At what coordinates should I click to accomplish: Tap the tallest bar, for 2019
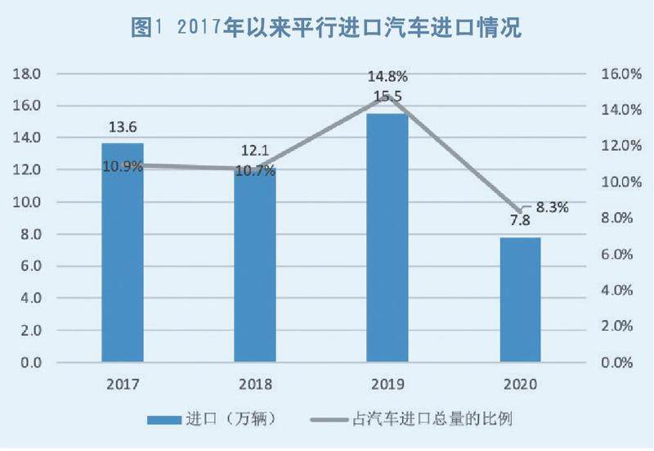(x=387, y=237)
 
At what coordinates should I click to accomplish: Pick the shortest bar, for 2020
(x=520, y=299)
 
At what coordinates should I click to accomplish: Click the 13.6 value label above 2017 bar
(x=122, y=127)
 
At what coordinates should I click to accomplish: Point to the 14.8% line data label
(x=387, y=77)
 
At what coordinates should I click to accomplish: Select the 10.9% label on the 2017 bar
(x=123, y=166)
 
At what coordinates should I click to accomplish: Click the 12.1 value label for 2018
(x=254, y=151)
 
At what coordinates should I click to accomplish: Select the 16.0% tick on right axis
(x=618, y=74)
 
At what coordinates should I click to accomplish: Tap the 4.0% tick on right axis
(x=618, y=291)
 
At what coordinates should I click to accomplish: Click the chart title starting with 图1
(x=326, y=25)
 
